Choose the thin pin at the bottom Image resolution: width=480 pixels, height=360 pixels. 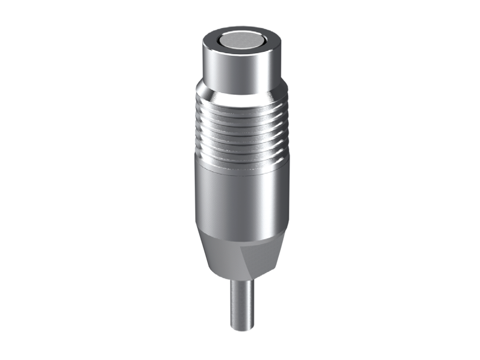(x=242, y=302)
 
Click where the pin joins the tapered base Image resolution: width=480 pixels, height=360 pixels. (x=242, y=281)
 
